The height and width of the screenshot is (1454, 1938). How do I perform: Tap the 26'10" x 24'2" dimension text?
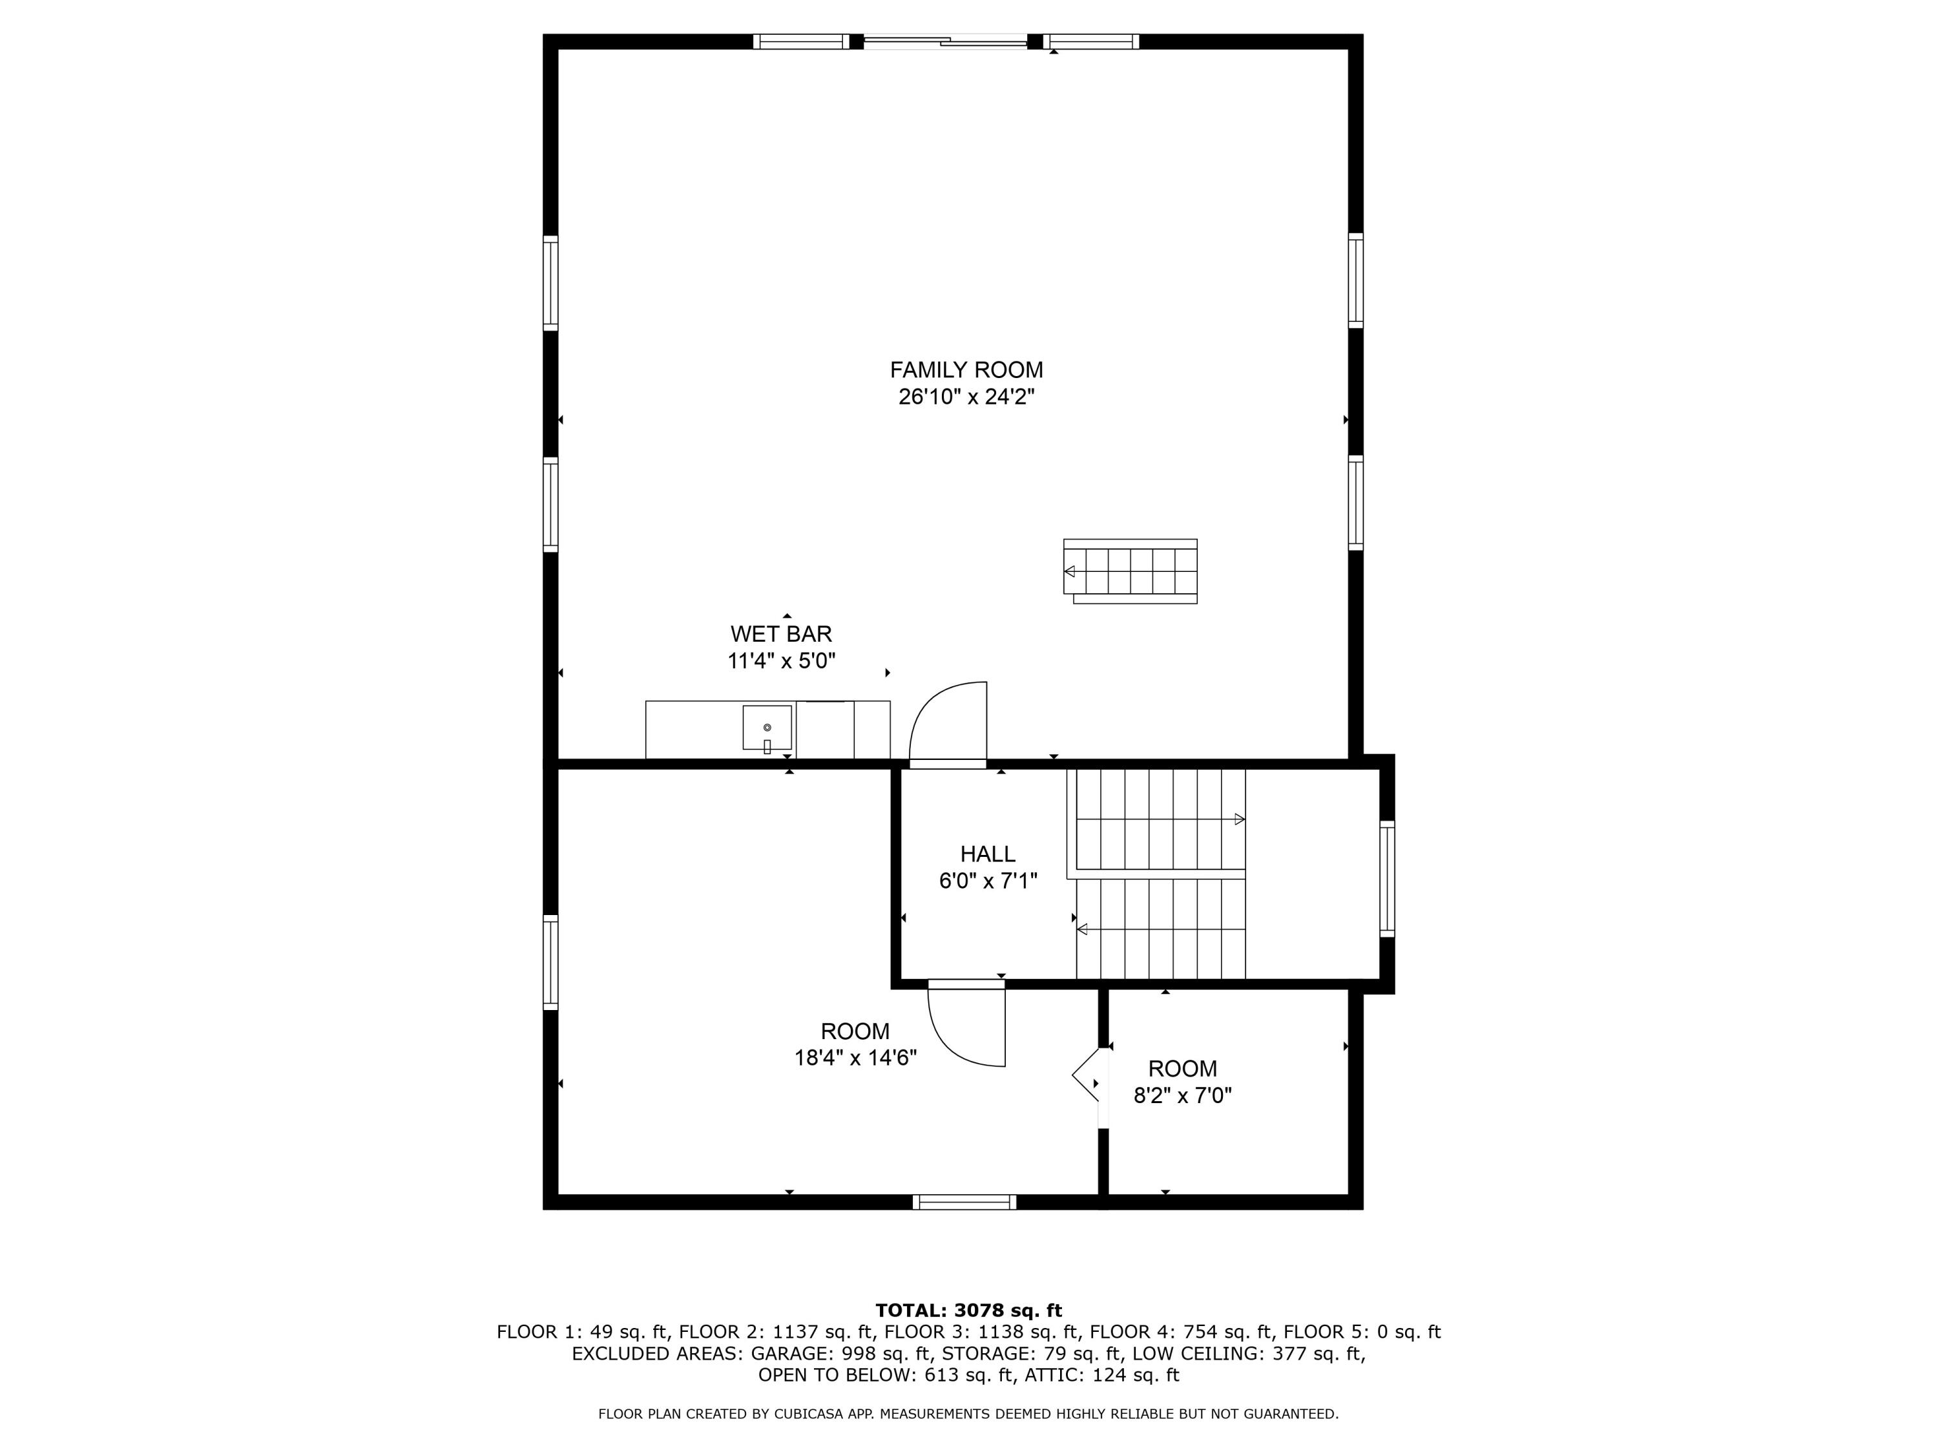(966, 397)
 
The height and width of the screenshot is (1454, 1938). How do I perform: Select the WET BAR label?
(782, 634)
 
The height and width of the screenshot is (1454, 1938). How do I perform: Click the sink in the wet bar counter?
(767, 728)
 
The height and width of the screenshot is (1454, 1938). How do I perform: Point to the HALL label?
(988, 854)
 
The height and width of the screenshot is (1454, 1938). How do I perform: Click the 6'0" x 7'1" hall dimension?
(988, 881)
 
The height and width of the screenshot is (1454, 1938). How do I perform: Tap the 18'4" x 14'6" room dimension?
(855, 1058)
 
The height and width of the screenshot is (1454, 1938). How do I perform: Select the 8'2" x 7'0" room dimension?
(1183, 1095)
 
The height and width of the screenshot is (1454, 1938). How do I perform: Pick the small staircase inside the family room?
(1130, 571)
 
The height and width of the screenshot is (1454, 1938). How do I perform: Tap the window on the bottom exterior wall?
(964, 1203)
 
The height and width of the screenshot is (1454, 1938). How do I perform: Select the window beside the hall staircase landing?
(1387, 878)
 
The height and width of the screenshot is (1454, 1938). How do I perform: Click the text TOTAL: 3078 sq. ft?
(969, 1311)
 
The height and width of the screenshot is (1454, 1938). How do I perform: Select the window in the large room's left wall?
(550, 962)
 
